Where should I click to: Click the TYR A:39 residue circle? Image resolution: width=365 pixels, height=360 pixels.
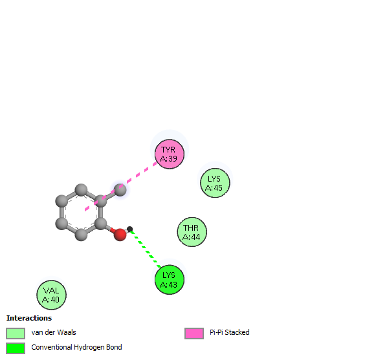pos(169,154)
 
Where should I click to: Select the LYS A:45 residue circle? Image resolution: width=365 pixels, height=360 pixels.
pos(215,183)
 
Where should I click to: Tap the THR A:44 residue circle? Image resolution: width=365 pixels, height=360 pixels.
pos(192,232)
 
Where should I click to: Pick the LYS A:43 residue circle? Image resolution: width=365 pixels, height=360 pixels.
pos(169,280)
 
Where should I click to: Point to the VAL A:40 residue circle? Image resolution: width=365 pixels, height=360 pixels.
pos(51,295)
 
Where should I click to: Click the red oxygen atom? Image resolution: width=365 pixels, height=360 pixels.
pos(120,235)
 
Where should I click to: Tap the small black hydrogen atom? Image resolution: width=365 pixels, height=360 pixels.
pos(130,229)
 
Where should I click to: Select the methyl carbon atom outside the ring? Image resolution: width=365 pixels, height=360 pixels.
pos(120,190)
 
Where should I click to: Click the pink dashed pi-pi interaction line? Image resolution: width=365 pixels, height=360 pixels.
pos(121,186)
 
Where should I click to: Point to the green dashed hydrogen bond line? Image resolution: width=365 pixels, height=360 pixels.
pos(146,249)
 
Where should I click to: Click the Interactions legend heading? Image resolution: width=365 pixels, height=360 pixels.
pos(29,318)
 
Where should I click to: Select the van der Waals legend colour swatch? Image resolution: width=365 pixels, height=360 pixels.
pos(16,334)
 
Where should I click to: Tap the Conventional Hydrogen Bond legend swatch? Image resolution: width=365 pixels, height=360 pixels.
pos(16,348)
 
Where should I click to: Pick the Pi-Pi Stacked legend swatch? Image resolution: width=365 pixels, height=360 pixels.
pos(194,334)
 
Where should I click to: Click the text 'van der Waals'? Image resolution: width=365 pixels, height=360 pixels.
pos(54,332)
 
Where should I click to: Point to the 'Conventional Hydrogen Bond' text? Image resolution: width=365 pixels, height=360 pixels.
pos(76,347)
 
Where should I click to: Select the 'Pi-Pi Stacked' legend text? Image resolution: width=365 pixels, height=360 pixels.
pos(230,332)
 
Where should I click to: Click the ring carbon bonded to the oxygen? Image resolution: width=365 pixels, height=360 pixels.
pos(100,224)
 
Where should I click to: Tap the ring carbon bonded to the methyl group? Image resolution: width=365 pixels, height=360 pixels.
pos(100,201)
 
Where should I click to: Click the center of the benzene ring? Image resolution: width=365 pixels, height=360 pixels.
pos(81,212)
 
